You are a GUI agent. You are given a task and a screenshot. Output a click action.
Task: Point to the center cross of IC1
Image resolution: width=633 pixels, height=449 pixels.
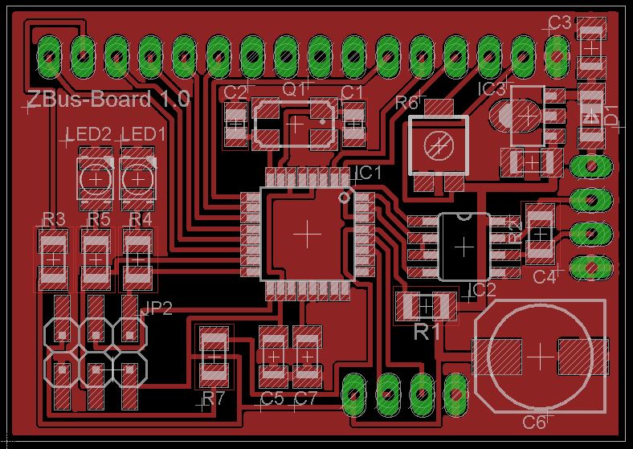point(307,233)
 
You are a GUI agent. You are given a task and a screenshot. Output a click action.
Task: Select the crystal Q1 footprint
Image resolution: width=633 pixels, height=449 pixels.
point(295,123)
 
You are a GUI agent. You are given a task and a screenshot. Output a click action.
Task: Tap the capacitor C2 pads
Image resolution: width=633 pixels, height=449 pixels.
point(235,124)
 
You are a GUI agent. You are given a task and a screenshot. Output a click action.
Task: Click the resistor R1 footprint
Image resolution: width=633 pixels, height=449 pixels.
point(426,306)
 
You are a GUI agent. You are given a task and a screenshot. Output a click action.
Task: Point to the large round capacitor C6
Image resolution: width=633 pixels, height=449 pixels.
point(541,354)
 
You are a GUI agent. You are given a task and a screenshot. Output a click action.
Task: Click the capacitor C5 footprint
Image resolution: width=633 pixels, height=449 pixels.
point(274,356)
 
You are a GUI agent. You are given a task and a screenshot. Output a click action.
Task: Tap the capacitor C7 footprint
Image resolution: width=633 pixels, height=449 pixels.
point(306,356)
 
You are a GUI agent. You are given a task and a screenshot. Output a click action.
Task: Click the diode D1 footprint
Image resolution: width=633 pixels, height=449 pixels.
point(592,115)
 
